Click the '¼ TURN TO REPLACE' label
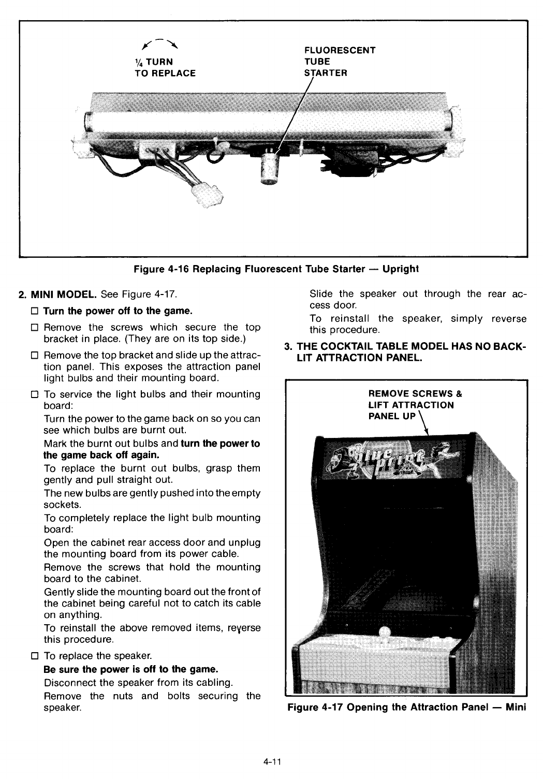(x=165, y=68)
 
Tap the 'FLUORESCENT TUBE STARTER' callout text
(x=339, y=61)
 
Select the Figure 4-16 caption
(x=276, y=269)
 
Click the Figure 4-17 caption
(x=406, y=707)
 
